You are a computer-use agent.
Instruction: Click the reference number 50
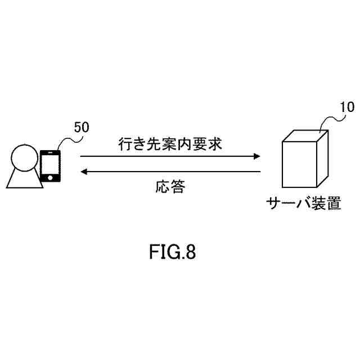81,127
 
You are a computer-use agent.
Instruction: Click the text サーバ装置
304,203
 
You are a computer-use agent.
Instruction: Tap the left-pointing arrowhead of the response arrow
84,171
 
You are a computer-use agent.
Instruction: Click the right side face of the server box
323,157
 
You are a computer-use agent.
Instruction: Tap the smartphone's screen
51,165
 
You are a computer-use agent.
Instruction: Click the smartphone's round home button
51,178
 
